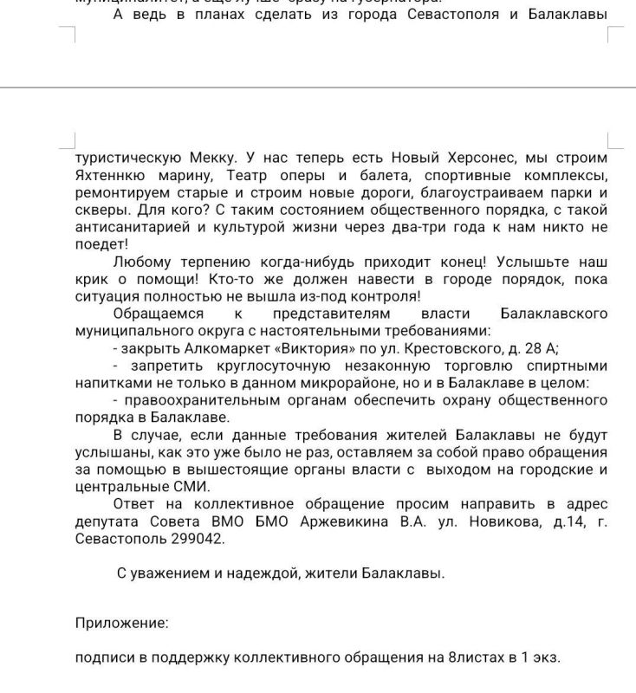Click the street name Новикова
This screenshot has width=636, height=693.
point(496,521)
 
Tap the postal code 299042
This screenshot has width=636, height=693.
point(198,539)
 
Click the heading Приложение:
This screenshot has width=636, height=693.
point(121,622)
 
